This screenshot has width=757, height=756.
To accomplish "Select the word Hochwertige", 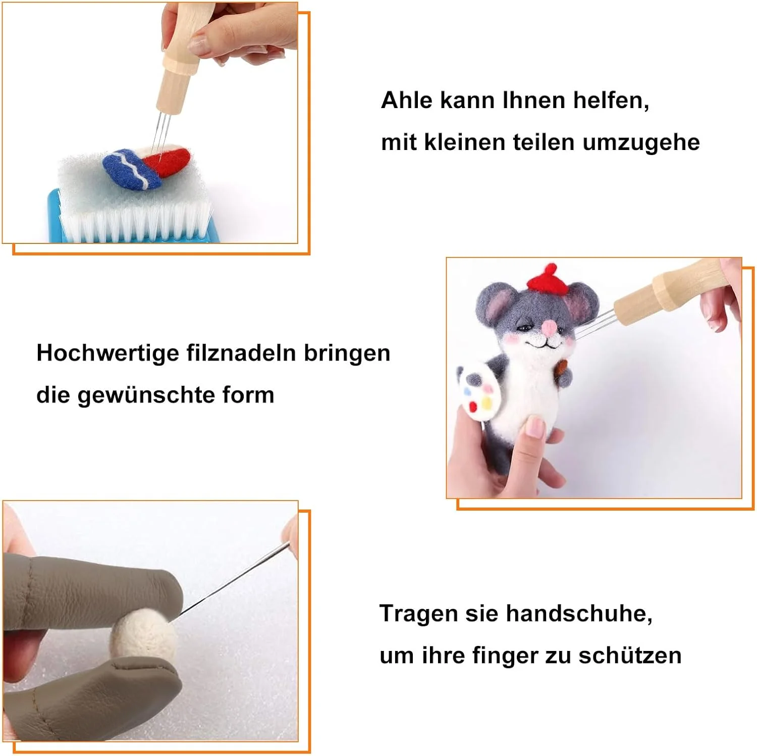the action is coord(107,354).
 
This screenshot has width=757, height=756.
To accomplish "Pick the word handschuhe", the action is coord(579,614).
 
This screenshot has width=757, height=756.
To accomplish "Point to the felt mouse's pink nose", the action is coord(549,329).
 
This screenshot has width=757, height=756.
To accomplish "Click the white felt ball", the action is coord(143,633).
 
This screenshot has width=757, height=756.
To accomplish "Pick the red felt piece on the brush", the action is coord(167,161).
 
